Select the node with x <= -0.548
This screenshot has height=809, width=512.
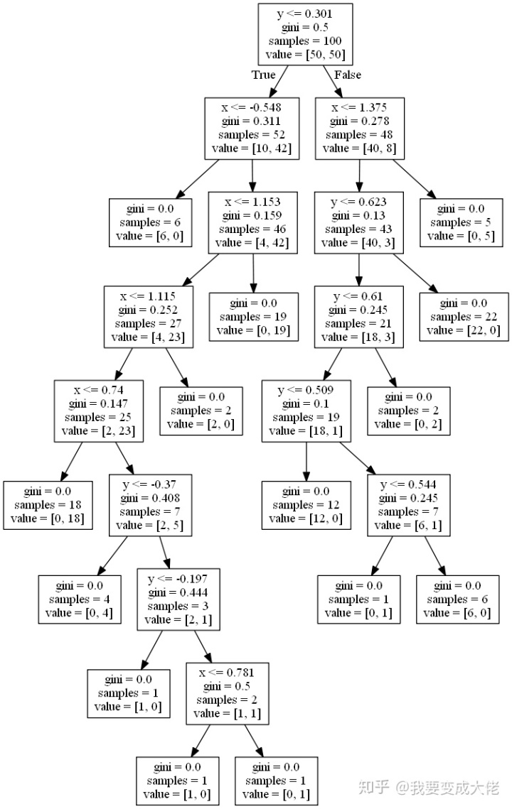click(252, 129)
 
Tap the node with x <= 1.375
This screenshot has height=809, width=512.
click(360, 129)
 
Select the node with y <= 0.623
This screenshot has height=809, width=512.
click(358, 222)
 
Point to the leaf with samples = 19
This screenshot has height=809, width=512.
click(253, 317)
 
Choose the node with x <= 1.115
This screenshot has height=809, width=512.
click(148, 317)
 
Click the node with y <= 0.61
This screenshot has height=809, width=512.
click(358, 317)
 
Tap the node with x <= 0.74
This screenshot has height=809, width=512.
click(98, 411)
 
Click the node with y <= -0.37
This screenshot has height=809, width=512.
click(152, 505)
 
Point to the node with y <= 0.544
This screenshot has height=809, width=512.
click(412, 505)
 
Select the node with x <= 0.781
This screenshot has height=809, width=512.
click(228, 693)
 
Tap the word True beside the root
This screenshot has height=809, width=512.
click(263, 75)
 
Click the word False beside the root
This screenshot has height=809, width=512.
click(347, 75)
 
